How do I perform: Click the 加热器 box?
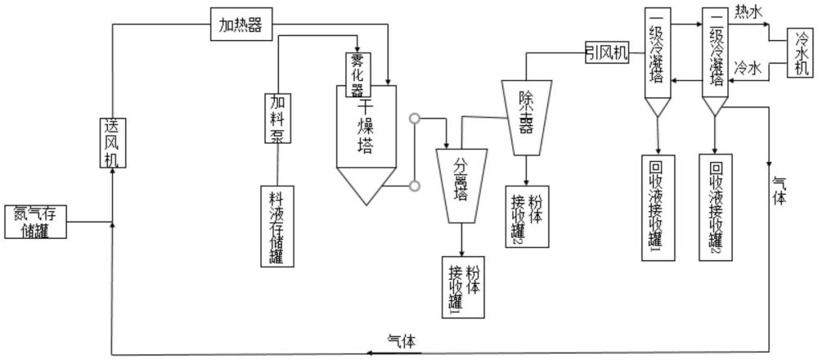coord(240,24)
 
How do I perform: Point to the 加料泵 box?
coord(276,117)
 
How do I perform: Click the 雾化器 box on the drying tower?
coord(356,72)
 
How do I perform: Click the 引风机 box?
coord(606,54)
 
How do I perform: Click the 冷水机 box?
coord(800,54)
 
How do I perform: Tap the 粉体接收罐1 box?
coord(462,287)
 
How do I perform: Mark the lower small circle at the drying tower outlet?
coord(415,187)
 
